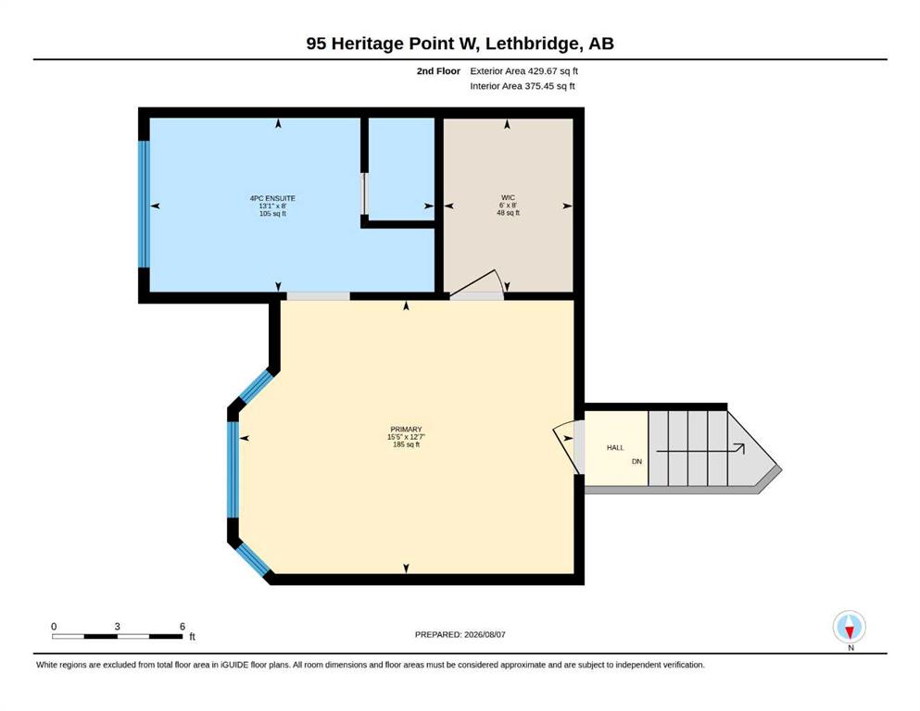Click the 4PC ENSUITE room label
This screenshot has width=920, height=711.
pyautogui.click(x=272, y=198)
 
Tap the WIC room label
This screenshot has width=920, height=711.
pyautogui.click(x=508, y=197)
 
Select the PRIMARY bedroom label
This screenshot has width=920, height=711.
pyautogui.click(x=406, y=429)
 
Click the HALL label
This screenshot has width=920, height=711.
pyautogui.click(x=615, y=447)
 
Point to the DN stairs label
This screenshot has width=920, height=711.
pyautogui.click(x=637, y=461)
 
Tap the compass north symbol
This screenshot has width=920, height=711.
pyautogui.click(x=849, y=627)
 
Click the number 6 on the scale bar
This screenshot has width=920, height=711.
pyautogui.click(x=183, y=626)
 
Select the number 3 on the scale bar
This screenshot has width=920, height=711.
pyautogui.click(x=118, y=626)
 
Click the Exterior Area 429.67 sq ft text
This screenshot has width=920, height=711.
pyautogui.click(x=524, y=71)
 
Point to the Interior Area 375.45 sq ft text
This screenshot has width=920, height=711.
pyautogui.click(x=523, y=85)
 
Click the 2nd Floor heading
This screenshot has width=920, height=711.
pyautogui.click(x=438, y=71)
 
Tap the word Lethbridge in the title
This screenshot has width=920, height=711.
pyautogui.click(x=533, y=44)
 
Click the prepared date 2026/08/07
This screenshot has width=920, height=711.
pyautogui.click(x=485, y=634)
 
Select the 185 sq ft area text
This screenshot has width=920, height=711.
pyautogui.click(x=406, y=444)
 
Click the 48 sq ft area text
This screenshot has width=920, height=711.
pyautogui.click(x=508, y=213)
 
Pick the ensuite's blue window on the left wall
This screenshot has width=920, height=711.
pyautogui.click(x=145, y=204)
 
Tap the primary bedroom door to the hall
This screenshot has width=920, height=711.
pyautogui.click(x=567, y=448)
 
